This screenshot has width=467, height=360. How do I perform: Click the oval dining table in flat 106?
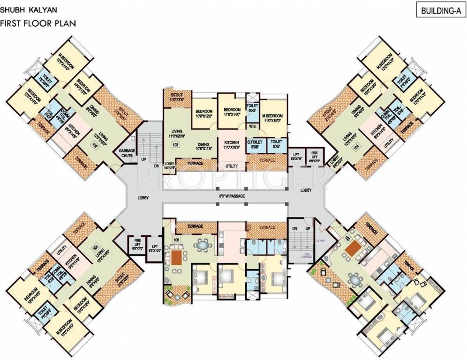[x=203, y=244]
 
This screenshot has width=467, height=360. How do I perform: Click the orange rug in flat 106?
[x=177, y=257]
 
